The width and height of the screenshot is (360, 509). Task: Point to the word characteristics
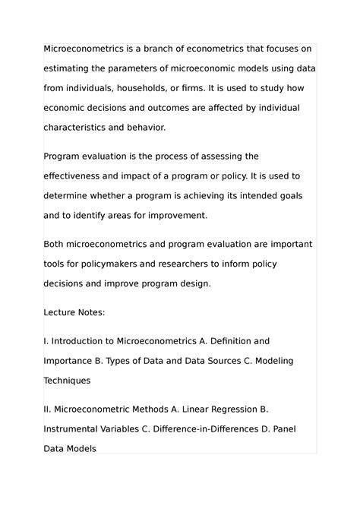[x=80, y=127]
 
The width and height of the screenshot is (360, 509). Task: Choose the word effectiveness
[x=78, y=176]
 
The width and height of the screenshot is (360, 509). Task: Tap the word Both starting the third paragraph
[x=55, y=245]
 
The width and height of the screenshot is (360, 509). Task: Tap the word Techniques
[x=67, y=380]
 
